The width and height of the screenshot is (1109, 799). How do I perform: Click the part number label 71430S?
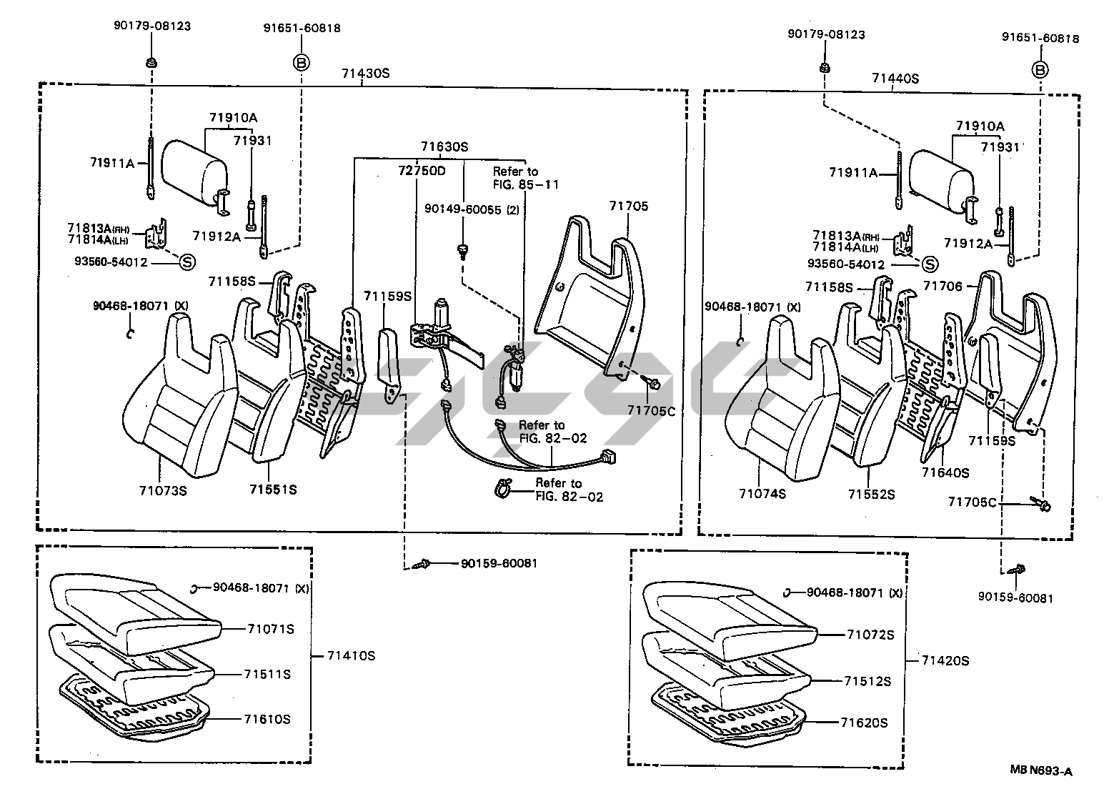point(365,74)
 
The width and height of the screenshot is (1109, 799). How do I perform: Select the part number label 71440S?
point(895,79)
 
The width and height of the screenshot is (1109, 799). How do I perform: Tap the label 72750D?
point(422,171)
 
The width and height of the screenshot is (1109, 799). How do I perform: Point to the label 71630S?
point(444,147)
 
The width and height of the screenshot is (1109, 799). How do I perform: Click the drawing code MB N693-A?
point(1042,771)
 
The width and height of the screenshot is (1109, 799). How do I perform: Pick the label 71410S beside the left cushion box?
point(351,656)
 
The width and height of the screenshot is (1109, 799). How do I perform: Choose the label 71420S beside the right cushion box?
point(945,661)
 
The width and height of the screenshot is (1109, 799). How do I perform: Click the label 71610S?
point(267,719)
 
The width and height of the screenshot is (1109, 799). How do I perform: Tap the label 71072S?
point(870,635)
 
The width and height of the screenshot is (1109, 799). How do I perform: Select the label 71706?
point(943,286)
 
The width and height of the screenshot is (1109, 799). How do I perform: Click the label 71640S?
point(945,473)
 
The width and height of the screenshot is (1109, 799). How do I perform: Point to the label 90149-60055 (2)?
point(472,209)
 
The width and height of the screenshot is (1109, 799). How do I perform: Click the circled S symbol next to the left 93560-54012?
point(187,262)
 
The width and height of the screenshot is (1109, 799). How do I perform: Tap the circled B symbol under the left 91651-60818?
point(302,63)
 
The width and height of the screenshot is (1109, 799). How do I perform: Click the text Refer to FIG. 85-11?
point(525,178)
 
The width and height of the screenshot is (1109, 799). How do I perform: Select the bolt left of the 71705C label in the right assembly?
point(1040,504)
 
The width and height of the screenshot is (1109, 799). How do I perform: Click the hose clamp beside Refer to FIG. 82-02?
point(504,488)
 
